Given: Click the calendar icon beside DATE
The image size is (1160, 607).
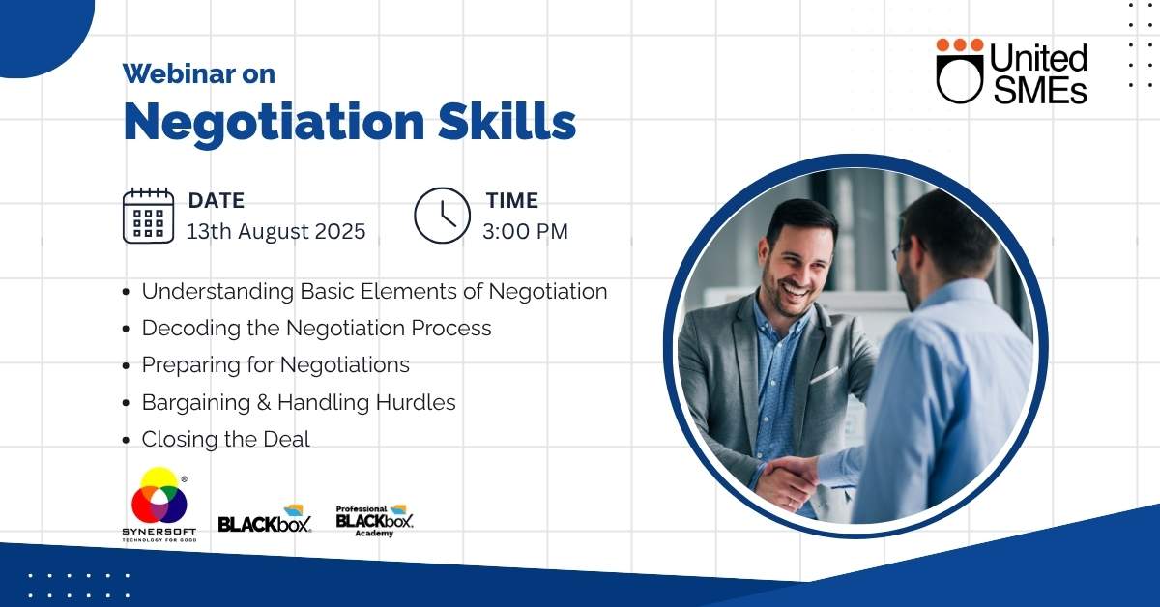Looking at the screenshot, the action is (x=148, y=216).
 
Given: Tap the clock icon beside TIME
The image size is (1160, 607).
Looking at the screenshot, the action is (x=443, y=216).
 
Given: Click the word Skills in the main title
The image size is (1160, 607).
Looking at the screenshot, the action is (x=507, y=121).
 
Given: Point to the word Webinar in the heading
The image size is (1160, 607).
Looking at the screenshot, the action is (x=179, y=73).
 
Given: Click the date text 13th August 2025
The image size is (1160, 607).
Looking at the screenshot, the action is (x=276, y=231).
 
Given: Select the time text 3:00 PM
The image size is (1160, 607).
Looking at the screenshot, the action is (x=525, y=231).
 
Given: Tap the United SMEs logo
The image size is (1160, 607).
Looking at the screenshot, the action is (x=1011, y=71).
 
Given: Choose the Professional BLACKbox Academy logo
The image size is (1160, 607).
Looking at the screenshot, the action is (x=374, y=521).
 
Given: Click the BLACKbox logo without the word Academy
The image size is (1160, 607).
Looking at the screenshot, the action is (x=265, y=519).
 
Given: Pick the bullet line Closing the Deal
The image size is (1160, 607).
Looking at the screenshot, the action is (x=226, y=439).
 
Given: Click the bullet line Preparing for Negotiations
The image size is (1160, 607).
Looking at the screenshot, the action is (x=275, y=365).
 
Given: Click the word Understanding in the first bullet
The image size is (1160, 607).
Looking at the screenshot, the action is (x=218, y=292).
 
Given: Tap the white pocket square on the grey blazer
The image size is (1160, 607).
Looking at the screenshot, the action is (x=825, y=374).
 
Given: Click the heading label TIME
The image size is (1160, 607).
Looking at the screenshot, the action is (x=512, y=200).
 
